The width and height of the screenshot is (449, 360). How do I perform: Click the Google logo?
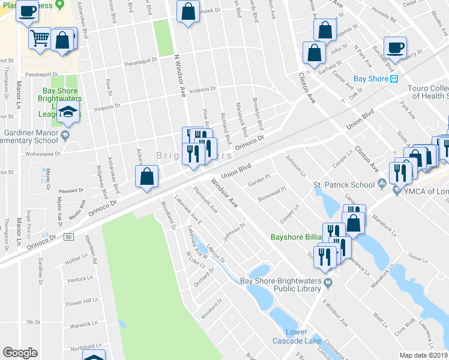click(x=20, y=353)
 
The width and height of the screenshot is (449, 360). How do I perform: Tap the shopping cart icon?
click(x=40, y=39)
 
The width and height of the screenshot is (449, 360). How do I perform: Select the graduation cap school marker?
click(x=68, y=112)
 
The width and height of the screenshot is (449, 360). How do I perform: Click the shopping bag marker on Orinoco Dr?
click(x=146, y=177)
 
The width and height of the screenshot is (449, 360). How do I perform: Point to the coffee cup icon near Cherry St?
click(x=395, y=47)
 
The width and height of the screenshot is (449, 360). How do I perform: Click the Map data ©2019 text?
click(x=423, y=355)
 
